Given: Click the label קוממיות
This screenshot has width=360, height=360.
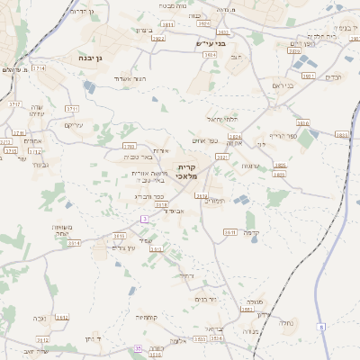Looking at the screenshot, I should click(x=148, y=317).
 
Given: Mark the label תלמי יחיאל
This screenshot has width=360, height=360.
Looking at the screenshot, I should click(x=220, y=119).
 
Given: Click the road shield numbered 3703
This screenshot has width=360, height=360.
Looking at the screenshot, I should click(x=129, y=146).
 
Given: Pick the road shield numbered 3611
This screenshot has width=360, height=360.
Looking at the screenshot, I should click(x=230, y=232).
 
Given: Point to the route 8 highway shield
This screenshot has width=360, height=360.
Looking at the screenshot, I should click(x=321, y=327).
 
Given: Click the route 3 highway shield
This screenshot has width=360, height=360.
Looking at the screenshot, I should click(x=143, y=219).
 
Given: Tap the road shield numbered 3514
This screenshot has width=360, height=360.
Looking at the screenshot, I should click(x=74, y=243).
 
